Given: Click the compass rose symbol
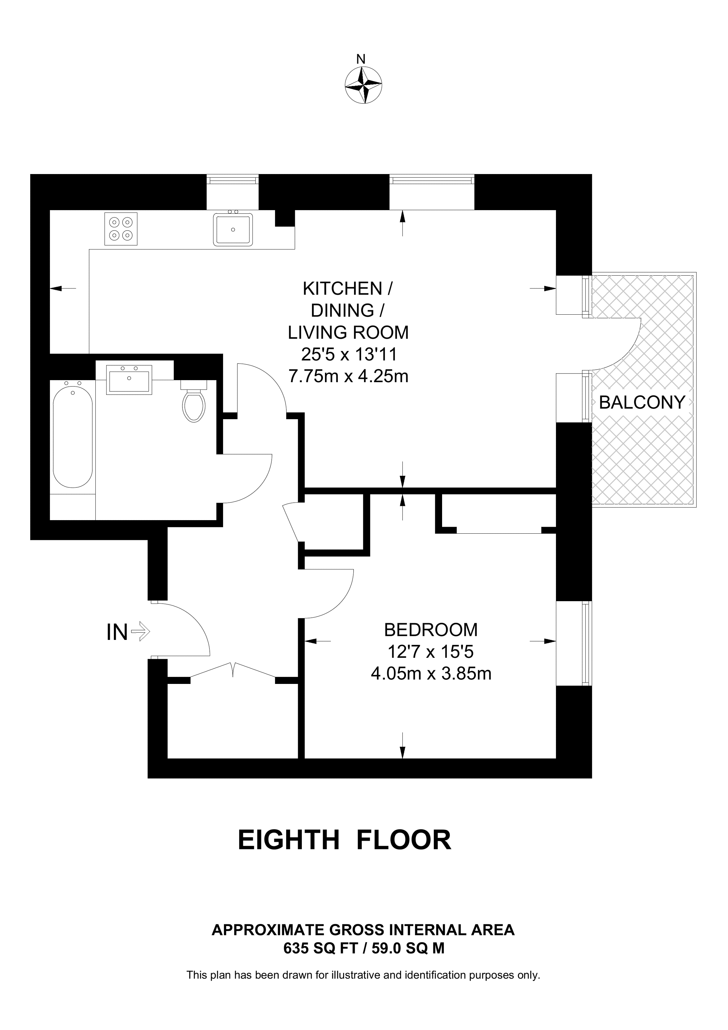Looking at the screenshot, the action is pyautogui.click(x=363, y=85).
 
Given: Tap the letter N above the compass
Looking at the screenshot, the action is pyautogui.click(x=361, y=59).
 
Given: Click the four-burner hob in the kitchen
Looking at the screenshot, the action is pyautogui.click(x=121, y=229).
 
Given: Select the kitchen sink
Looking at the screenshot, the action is pyautogui.click(x=233, y=228).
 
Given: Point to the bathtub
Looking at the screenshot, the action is pyautogui.click(x=73, y=434).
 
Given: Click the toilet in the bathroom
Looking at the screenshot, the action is pyautogui.click(x=194, y=401).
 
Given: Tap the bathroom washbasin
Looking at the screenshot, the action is pyautogui.click(x=129, y=380).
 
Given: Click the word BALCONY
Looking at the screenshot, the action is pyautogui.click(x=642, y=402).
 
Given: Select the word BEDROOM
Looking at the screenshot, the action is pyautogui.click(x=431, y=630).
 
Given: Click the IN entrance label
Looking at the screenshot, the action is pyautogui.click(x=117, y=633).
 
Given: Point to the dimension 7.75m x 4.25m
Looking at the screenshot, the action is pyautogui.click(x=348, y=376).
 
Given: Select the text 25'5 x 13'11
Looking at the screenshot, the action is pyautogui.click(x=349, y=354).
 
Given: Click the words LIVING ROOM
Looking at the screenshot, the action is pyautogui.click(x=348, y=333).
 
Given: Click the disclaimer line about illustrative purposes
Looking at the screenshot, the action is pyautogui.click(x=363, y=975).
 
